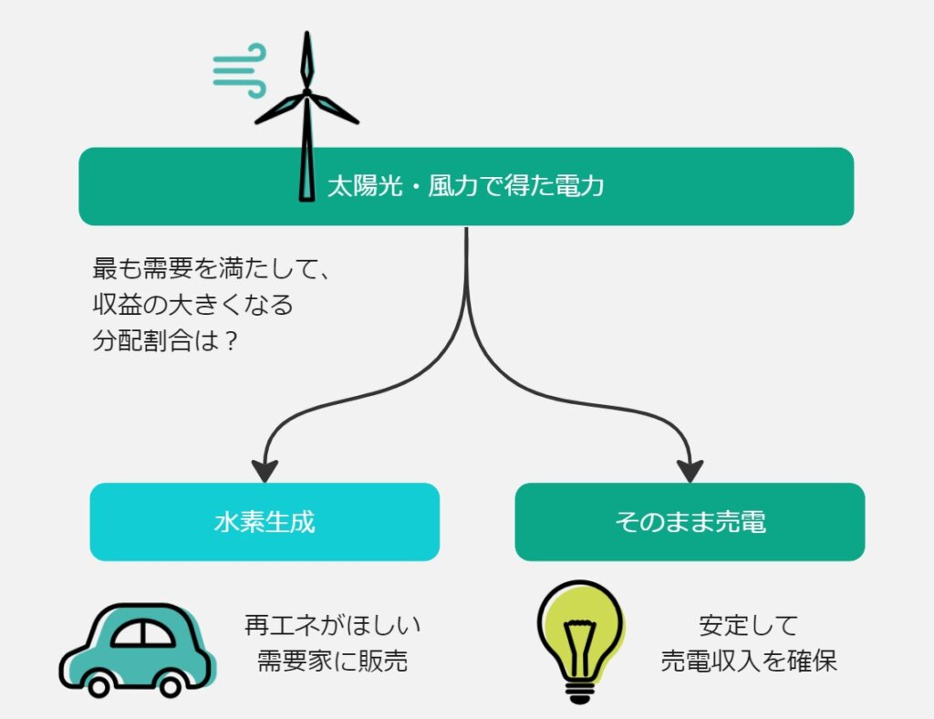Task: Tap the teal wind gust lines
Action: click(239, 70)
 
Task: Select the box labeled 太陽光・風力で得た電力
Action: click(466, 187)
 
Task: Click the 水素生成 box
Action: click(265, 522)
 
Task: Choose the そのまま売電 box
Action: click(690, 522)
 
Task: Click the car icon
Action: click(137, 649)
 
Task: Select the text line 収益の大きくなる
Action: click(193, 305)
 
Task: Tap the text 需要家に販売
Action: click(333, 662)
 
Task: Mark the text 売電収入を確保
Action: click(749, 662)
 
